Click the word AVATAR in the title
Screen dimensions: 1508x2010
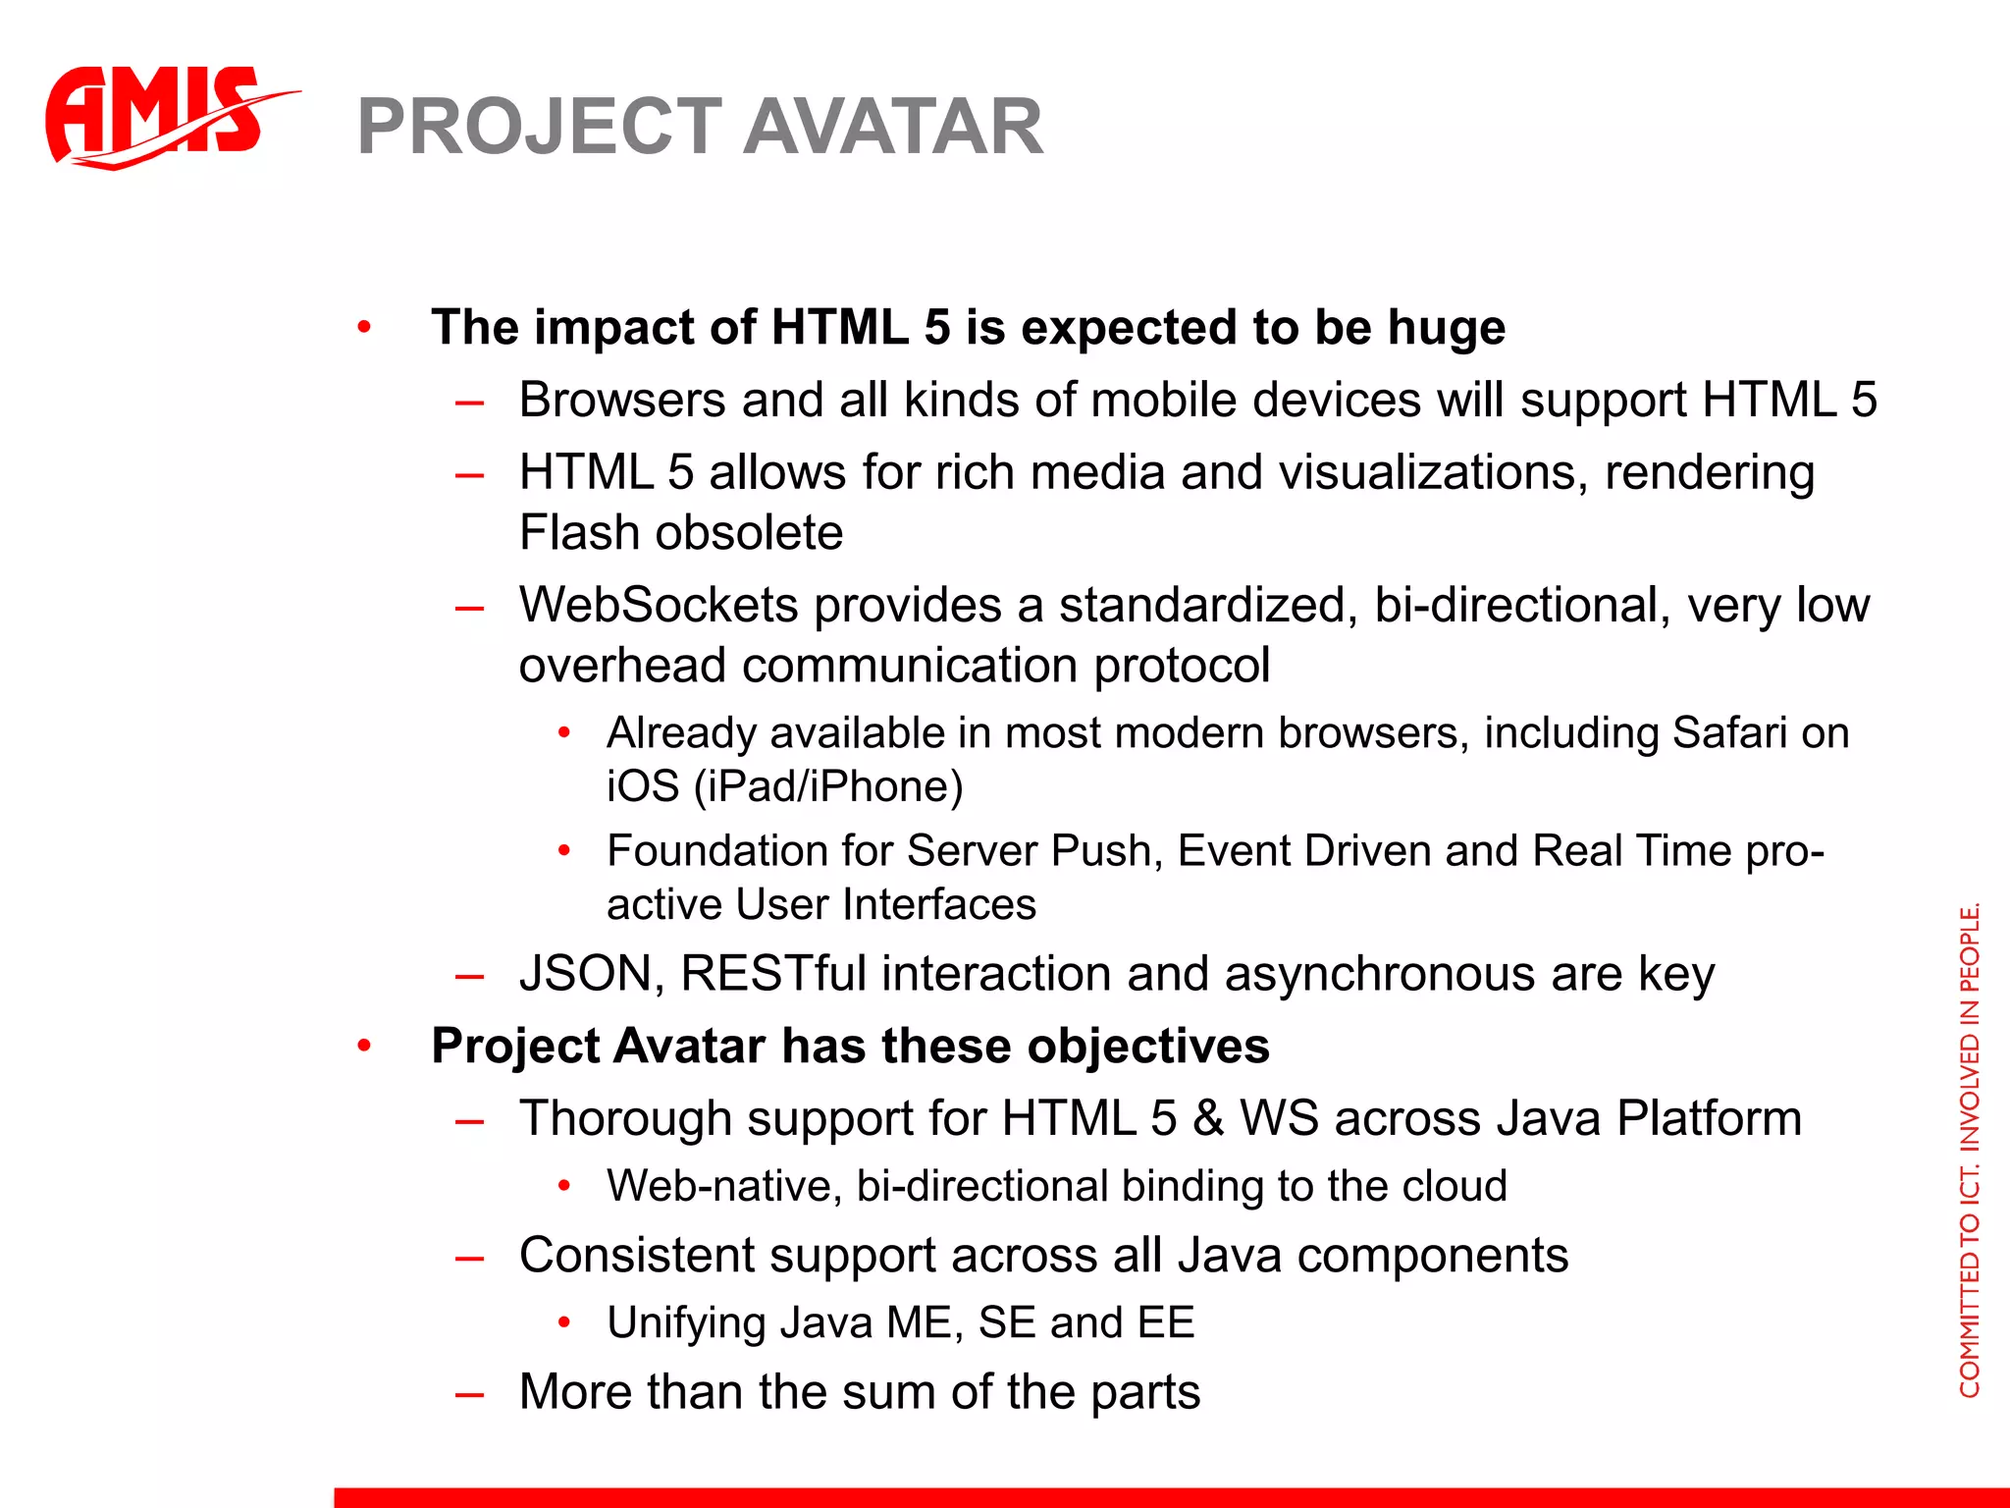click(x=892, y=128)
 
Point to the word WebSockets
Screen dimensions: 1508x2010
click(x=658, y=605)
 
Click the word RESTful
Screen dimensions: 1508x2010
click(x=773, y=974)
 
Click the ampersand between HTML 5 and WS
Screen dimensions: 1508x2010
click(x=1208, y=1119)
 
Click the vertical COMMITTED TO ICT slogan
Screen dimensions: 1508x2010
click(x=1969, y=1149)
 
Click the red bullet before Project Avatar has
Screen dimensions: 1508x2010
click(x=364, y=1047)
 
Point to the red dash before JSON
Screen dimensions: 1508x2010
click(x=470, y=976)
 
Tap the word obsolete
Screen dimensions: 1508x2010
click(x=749, y=533)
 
